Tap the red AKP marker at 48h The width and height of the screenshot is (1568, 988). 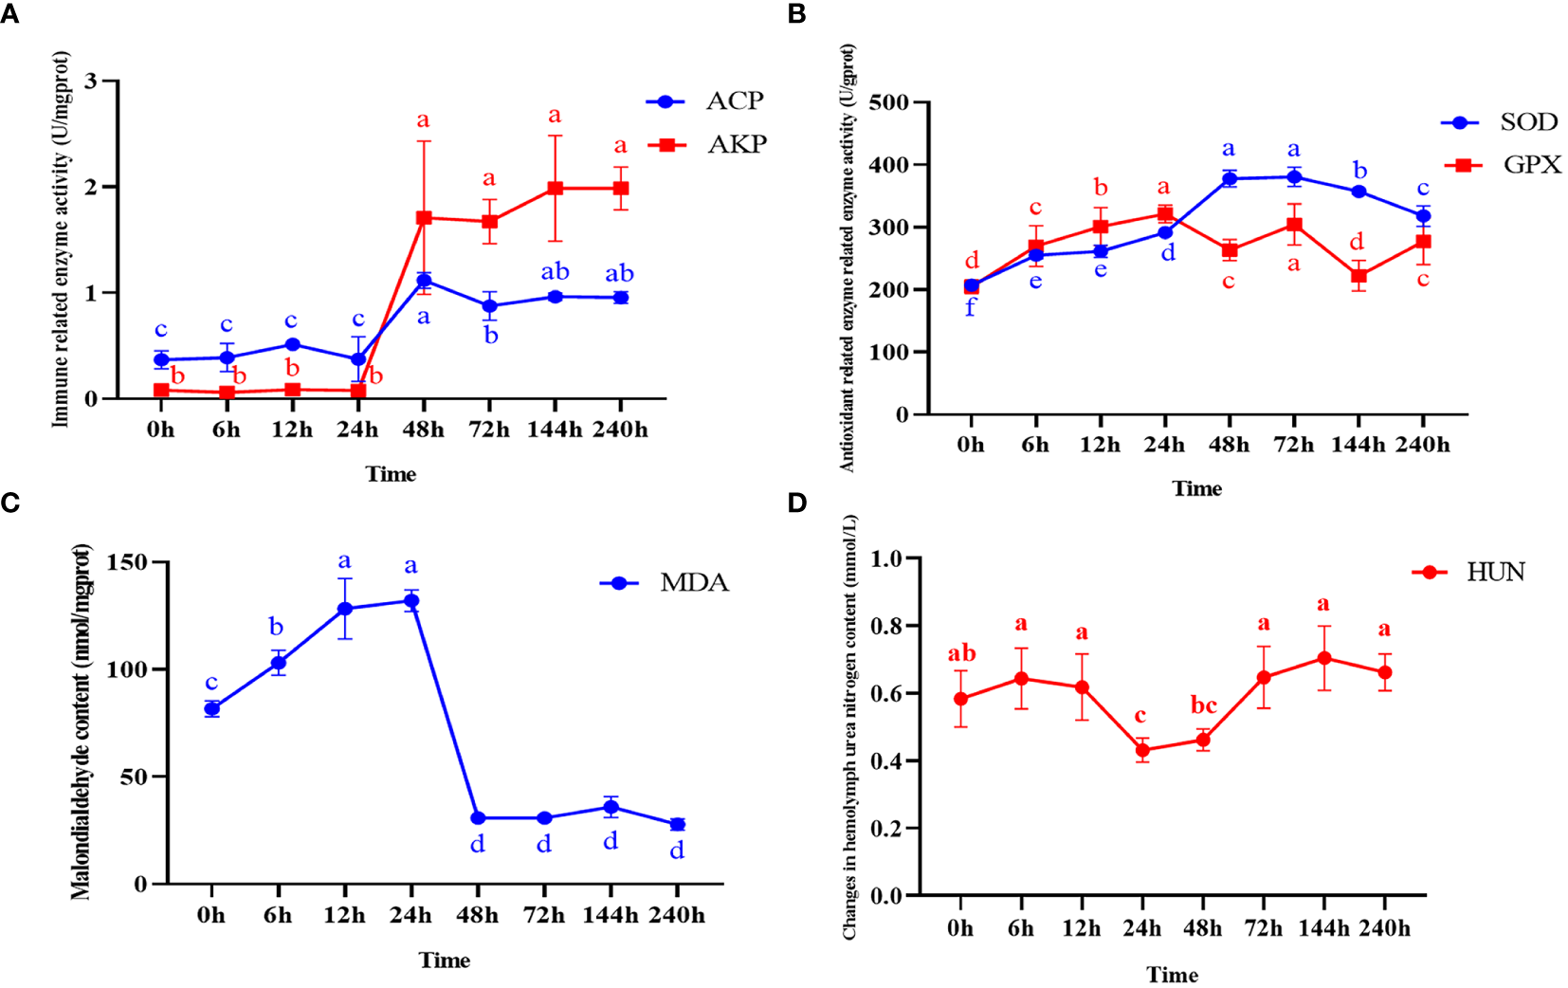click(424, 218)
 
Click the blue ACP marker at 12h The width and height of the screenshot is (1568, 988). click(292, 344)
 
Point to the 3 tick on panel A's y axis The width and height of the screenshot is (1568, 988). click(91, 81)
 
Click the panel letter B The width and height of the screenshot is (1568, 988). click(796, 14)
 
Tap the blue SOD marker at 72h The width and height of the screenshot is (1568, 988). click(1294, 176)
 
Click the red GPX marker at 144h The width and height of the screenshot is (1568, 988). click(1358, 277)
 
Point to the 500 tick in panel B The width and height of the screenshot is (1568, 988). click(889, 101)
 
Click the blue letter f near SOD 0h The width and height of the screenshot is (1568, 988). click(970, 307)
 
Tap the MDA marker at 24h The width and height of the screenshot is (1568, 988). click(411, 601)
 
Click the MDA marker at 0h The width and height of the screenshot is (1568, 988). click(212, 709)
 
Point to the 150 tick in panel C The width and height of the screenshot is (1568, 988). click(127, 562)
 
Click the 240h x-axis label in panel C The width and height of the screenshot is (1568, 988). click(677, 916)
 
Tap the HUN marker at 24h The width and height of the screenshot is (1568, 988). click(1142, 750)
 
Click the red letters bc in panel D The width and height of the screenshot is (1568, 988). click(1203, 705)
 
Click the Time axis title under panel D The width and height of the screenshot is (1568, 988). click(1172, 975)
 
